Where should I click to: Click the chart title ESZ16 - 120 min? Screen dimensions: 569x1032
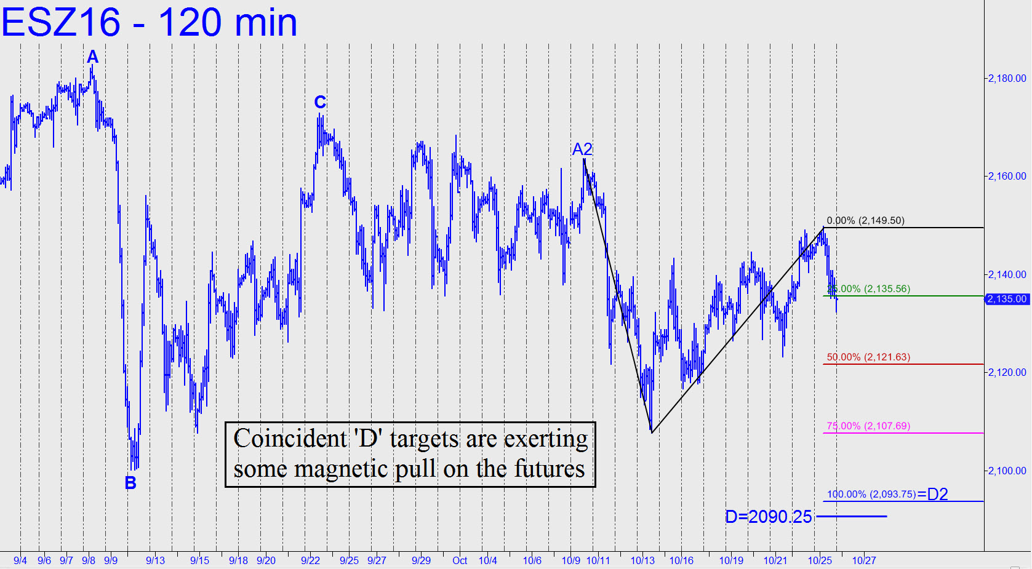[x=150, y=23]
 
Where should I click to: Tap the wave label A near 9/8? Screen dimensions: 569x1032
[x=92, y=57]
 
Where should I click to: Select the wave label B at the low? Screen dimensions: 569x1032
[x=130, y=483]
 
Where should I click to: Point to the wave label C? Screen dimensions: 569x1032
[x=320, y=102]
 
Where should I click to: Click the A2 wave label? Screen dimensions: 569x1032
[x=582, y=149]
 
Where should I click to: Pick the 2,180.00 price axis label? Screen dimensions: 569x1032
[x=1007, y=78]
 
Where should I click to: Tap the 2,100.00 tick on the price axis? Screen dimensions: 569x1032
[x=1007, y=471]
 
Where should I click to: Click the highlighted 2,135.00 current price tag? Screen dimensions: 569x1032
[x=1007, y=299]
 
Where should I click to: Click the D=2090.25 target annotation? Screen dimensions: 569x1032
[x=768, y=517]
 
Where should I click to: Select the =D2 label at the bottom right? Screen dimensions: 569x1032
[x=933, y=494]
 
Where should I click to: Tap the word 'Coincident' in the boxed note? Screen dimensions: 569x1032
[x=290, y=439]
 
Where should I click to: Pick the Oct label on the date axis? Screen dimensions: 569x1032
[x=460, y=560]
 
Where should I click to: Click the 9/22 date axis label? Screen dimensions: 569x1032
[x=310, y=560]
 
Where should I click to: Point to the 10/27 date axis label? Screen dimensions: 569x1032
[x=863, y=560]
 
